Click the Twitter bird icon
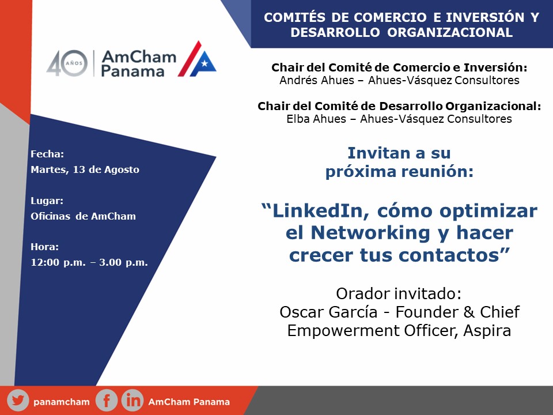(x=18, y=401)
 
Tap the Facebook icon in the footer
(x=107, y=401)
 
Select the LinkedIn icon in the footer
(x=132, y=401)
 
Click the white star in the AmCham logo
(x=204, y=63)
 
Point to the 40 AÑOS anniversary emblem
(x=67, y=63)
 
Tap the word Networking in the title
(x=370, y=233)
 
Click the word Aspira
(x=487, y=331)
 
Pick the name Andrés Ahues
(x=317, y=81)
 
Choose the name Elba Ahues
(x=316, y=119)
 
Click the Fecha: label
(x=47, y=154)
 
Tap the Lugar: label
(x=47, y=201)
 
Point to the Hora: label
(x=45, y=247)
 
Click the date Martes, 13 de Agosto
(x=85, y=169)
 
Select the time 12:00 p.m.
(x=58, y=263)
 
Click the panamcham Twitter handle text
(x=62, y=402)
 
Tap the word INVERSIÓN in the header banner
(x=485, y=17)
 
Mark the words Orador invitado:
(x=399, y=293)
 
